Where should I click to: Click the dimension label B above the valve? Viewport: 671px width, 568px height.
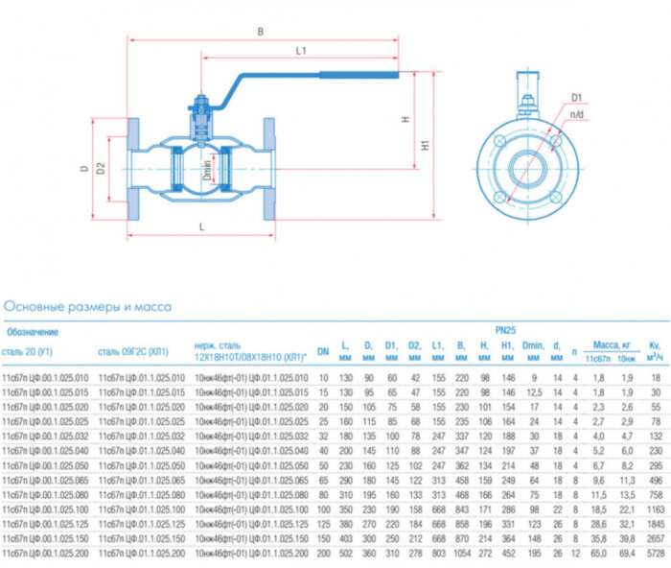click(x=260, y=32)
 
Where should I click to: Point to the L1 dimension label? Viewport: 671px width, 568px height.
click(x=301, y=51)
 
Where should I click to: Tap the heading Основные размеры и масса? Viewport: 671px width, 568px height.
click(x=87, y=307)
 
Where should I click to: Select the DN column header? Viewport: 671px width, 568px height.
click(x=323, y=350)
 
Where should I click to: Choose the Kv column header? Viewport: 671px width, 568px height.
click(x=655, y=350)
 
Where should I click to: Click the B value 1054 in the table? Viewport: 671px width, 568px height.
click(x=462, y=554)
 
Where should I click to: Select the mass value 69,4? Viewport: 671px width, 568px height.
click(x=627, y=554)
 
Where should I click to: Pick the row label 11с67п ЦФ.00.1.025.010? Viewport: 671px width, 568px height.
click(x=46, y=378)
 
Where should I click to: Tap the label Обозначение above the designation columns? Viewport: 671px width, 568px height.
click(x=33, y=333)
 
